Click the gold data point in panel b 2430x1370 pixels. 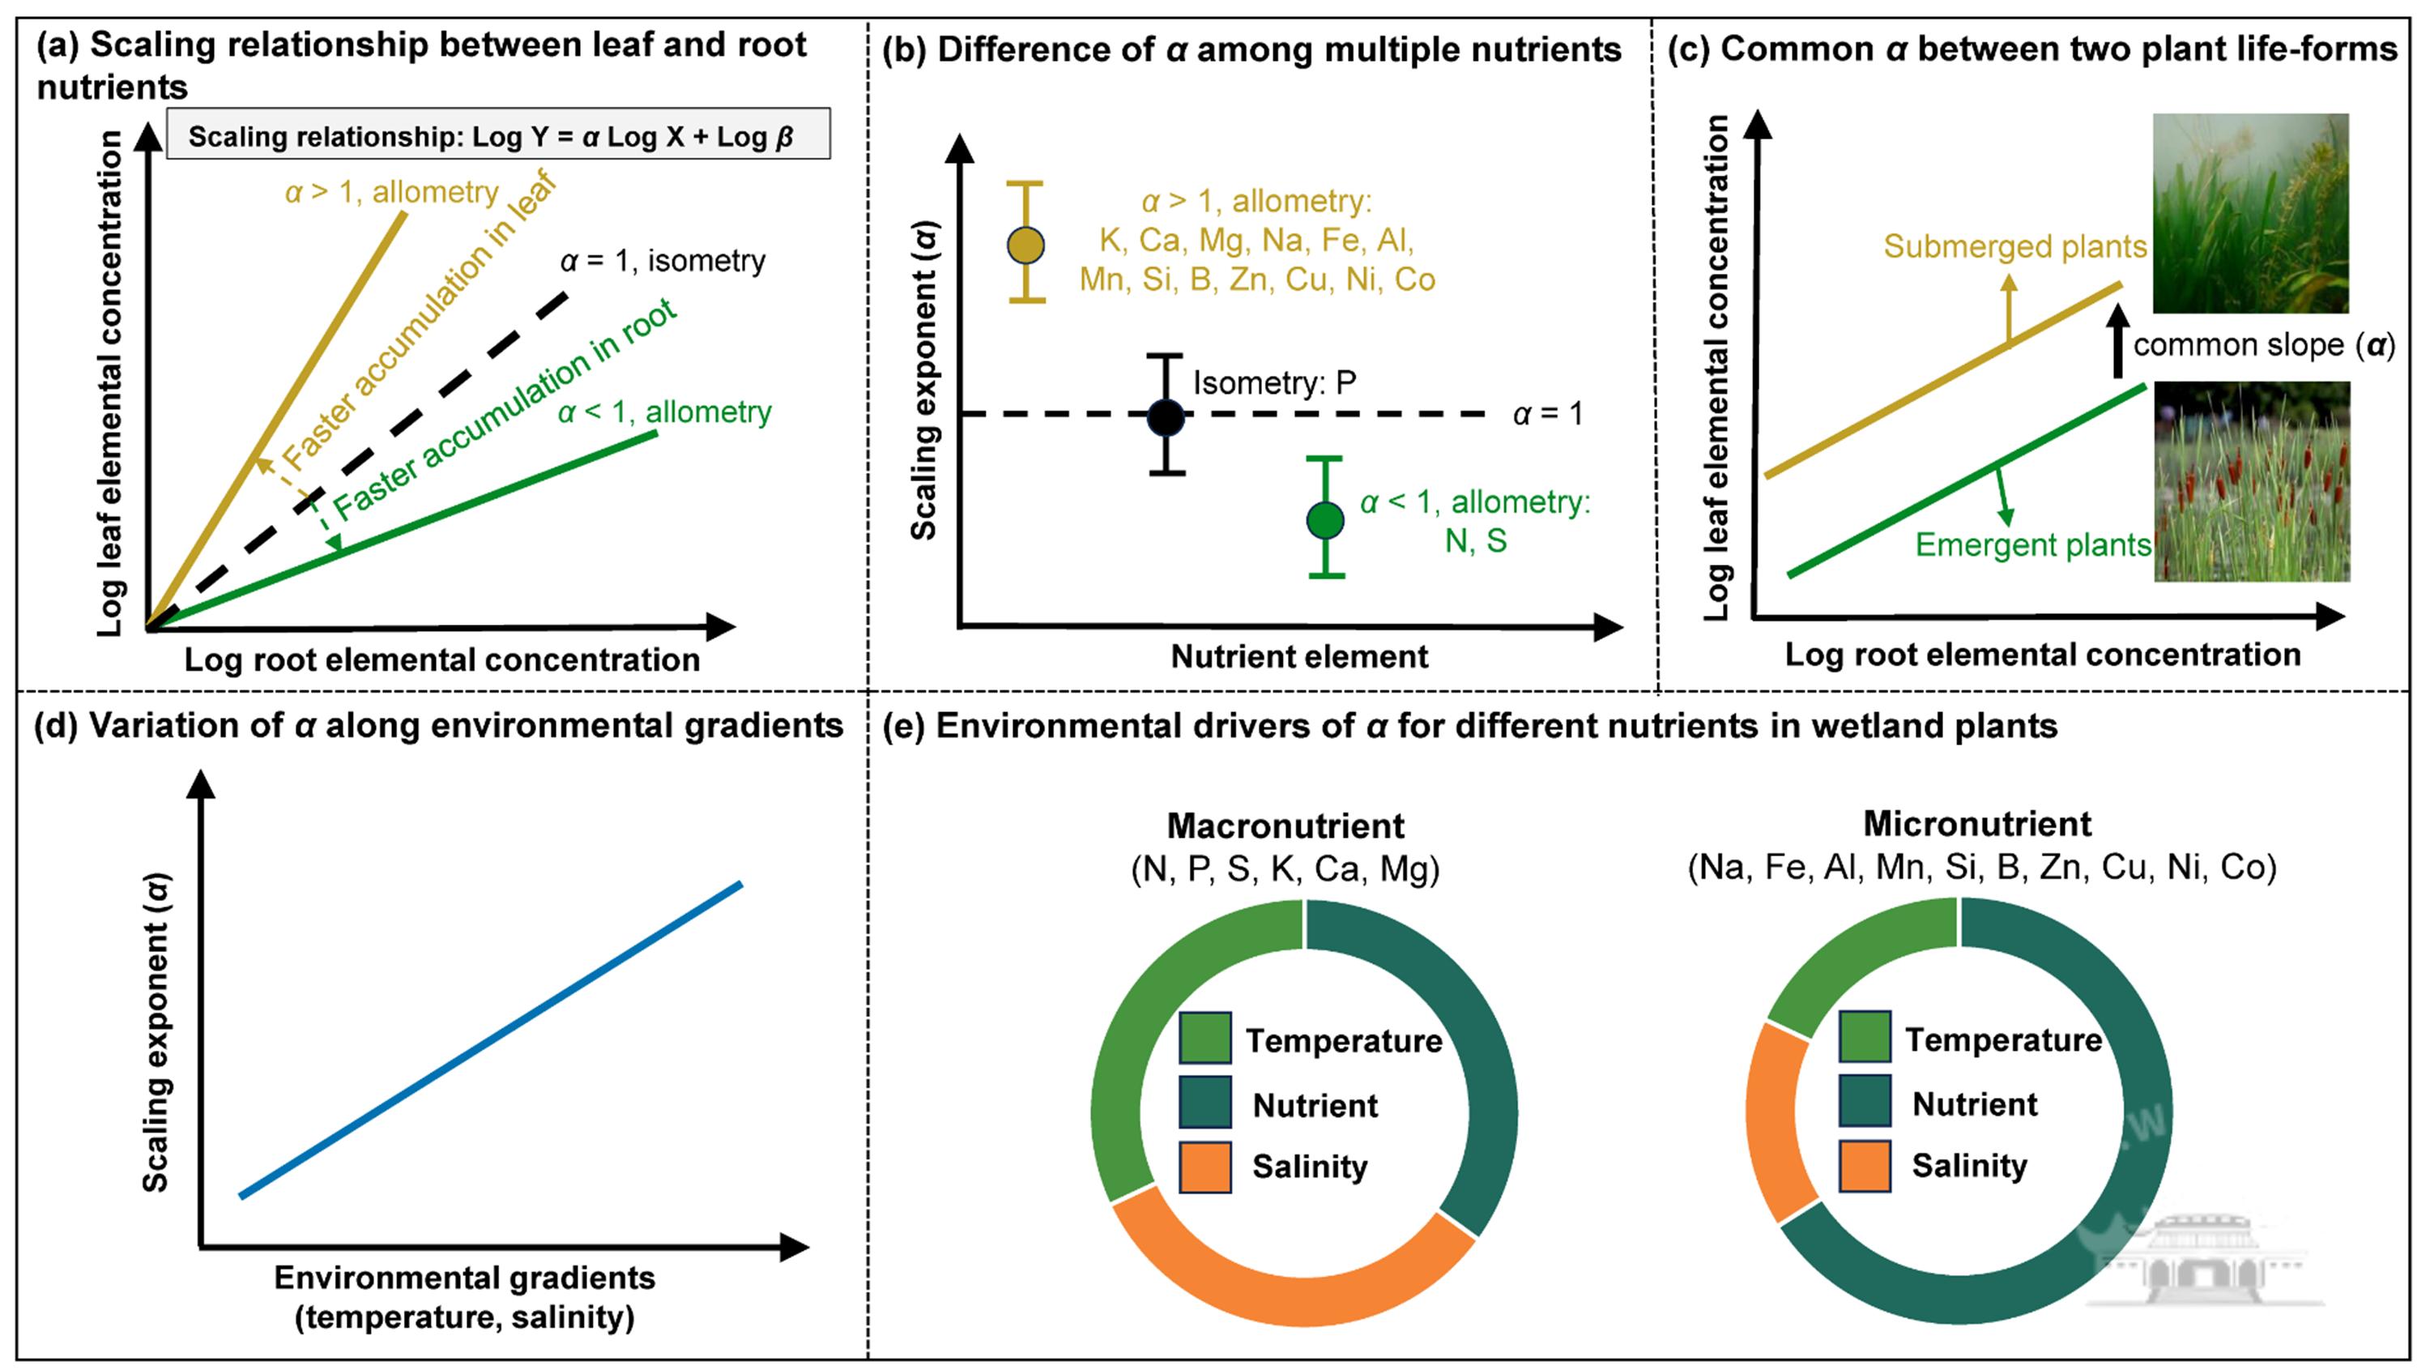click(1025, 245)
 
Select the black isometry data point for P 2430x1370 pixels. click(1166, 416)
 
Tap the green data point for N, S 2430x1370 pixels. click(1325, 519)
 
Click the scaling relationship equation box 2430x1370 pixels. click(498, 135)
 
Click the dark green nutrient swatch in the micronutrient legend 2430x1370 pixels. click(1864, 1101)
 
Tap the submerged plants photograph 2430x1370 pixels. click(2250, 213)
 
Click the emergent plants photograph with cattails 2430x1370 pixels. click(2251, 481)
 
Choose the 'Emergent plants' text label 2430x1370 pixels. click(2033, 545)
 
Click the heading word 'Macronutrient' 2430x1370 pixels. click(1285, 826)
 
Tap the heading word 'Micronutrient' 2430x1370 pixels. click(1977, 825)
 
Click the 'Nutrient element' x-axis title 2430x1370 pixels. click(1299, 657)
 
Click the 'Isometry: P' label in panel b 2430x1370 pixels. click(1274, 383)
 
